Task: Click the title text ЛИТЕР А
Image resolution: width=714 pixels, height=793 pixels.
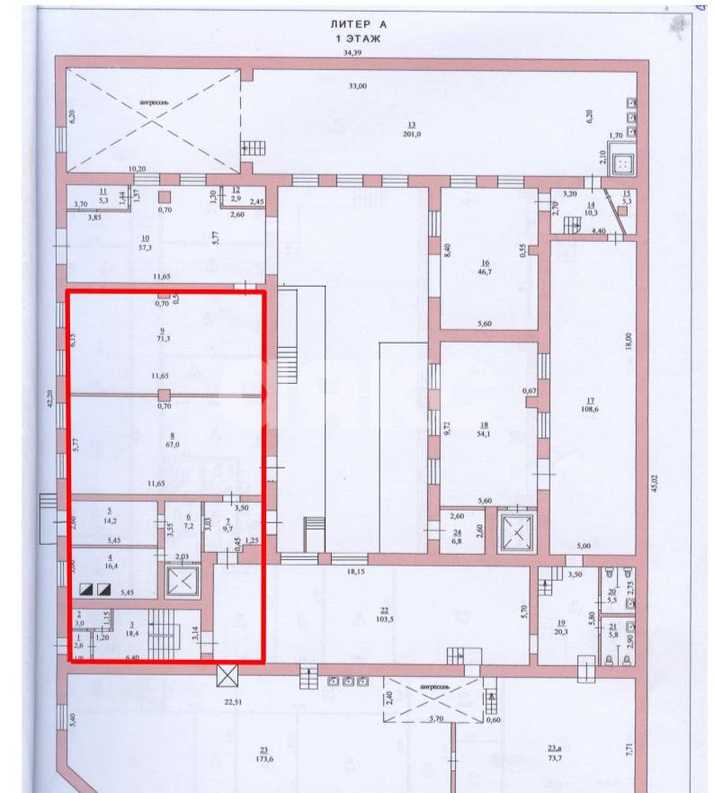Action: (x=358, y=26)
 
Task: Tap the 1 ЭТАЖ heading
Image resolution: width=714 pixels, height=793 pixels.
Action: (x=358, y=40)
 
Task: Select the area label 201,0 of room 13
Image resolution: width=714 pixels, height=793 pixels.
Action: (x=414, y=135)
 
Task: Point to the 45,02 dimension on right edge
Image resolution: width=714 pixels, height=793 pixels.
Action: (x=656, y=481)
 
